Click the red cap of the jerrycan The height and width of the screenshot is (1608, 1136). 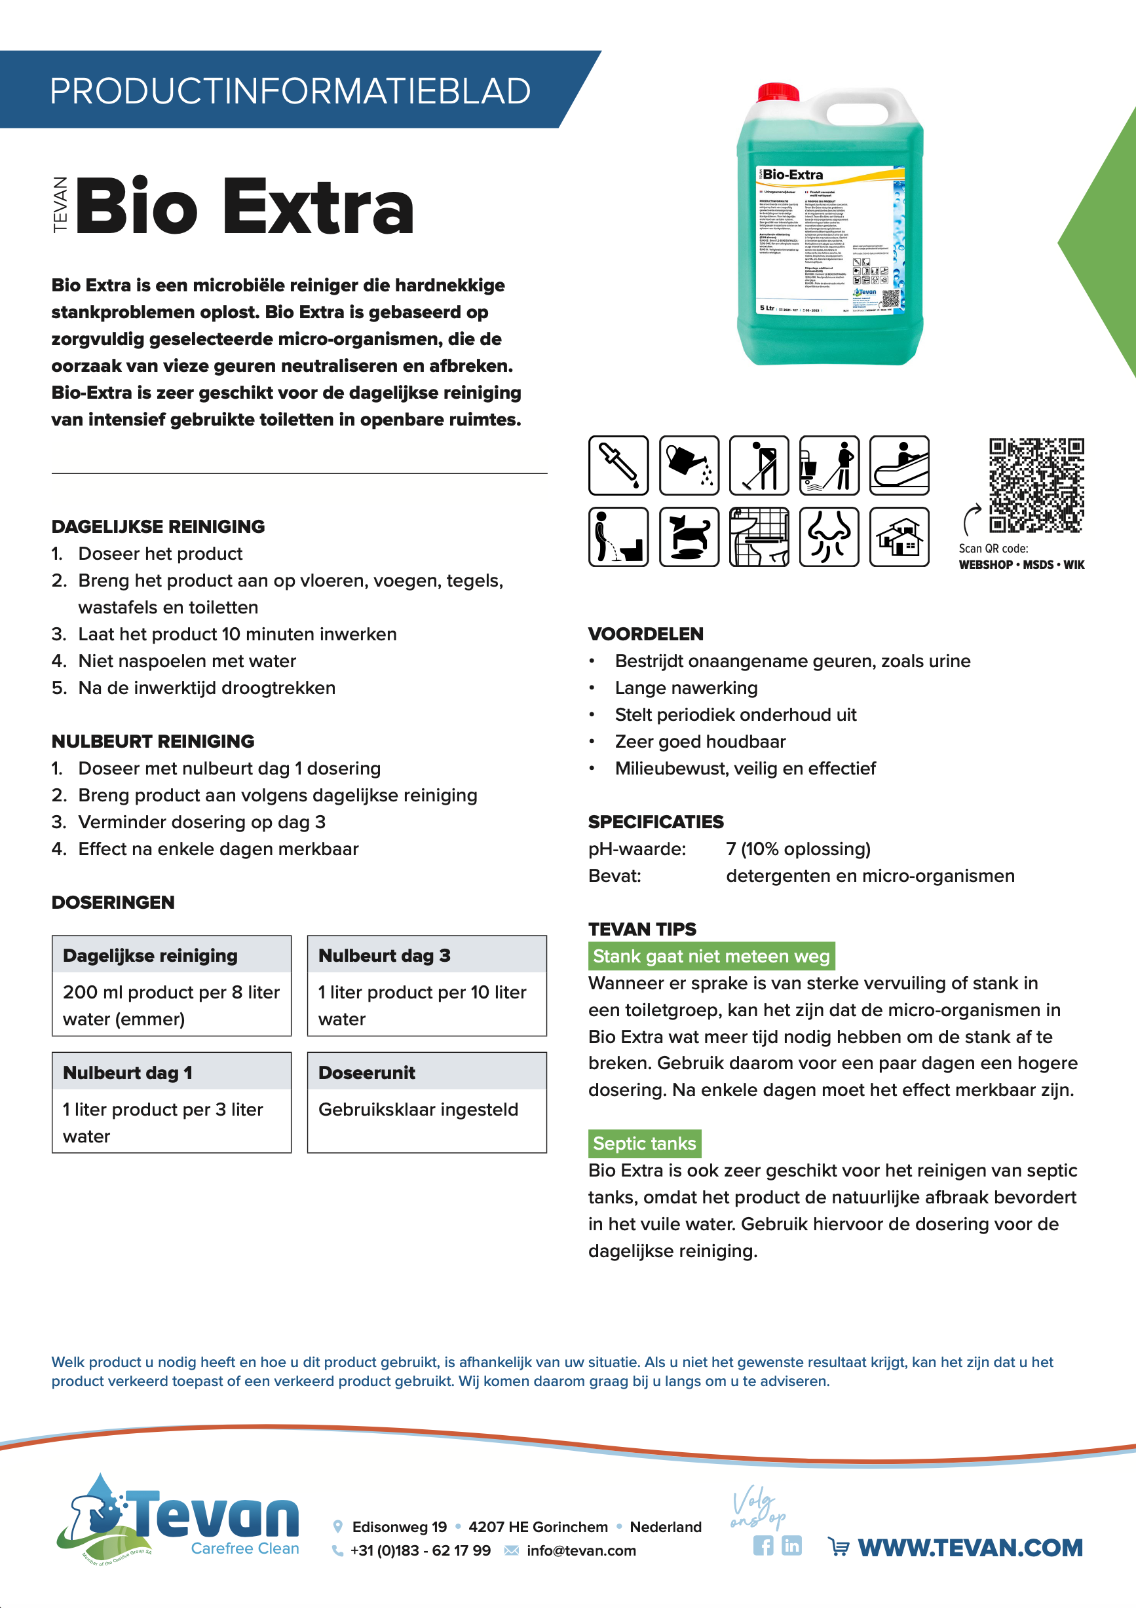[778, 92]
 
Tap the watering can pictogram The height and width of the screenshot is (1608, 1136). [689, 465]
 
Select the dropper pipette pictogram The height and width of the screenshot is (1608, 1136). [618, 465]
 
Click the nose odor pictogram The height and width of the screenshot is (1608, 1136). [829, 536]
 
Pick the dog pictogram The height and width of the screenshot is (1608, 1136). [689, 536]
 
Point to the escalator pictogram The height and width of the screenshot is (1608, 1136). [899, 465]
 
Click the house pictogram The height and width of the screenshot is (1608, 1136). [899, 536]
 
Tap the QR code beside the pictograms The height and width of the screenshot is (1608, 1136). [1036, 484]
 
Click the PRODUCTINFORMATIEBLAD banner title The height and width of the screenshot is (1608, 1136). [290, 91]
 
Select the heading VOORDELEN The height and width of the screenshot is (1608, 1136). [645, 634]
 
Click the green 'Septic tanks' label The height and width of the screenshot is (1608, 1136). [644, 1143]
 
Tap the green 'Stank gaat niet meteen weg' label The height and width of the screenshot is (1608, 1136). [711, 956]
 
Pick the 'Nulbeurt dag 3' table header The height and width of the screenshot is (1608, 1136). [384, 955]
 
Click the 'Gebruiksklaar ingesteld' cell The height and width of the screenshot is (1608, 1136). [418, 1109]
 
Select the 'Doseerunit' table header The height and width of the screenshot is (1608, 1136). [366, 1072]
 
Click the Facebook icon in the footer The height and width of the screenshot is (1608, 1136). [763, 1546]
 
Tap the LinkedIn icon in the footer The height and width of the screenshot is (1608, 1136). [791, 1546]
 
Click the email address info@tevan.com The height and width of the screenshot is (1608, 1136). [581, 1550]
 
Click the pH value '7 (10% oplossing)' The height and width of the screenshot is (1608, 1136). [798, 849]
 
